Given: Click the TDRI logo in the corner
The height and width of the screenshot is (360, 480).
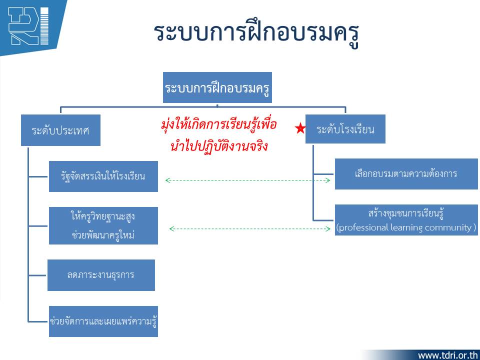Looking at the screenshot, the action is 28,26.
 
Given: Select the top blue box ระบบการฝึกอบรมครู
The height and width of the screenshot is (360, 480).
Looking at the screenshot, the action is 217,87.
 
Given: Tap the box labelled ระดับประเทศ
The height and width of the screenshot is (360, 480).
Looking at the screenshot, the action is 60,130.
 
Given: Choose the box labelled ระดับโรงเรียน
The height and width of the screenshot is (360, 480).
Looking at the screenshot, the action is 345,129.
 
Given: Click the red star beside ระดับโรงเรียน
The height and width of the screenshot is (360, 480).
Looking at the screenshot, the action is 300,128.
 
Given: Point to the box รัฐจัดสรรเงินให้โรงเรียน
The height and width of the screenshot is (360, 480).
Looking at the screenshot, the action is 103,176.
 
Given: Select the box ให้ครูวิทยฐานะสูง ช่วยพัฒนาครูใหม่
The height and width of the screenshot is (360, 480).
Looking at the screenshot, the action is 103,225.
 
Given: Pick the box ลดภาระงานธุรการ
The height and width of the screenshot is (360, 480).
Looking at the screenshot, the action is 101,275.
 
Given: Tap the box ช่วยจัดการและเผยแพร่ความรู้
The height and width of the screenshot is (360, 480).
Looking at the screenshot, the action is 103,321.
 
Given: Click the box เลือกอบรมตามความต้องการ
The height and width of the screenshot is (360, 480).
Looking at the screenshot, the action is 406,174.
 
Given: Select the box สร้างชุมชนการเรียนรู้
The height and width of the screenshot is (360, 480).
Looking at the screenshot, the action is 406,220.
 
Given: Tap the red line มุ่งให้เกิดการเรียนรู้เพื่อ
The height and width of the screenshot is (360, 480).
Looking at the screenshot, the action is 219,125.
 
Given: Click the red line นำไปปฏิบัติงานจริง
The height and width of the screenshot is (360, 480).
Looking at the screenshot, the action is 219,145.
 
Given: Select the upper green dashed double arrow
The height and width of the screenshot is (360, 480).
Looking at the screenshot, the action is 247,180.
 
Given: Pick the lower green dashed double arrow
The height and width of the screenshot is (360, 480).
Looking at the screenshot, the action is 250,228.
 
